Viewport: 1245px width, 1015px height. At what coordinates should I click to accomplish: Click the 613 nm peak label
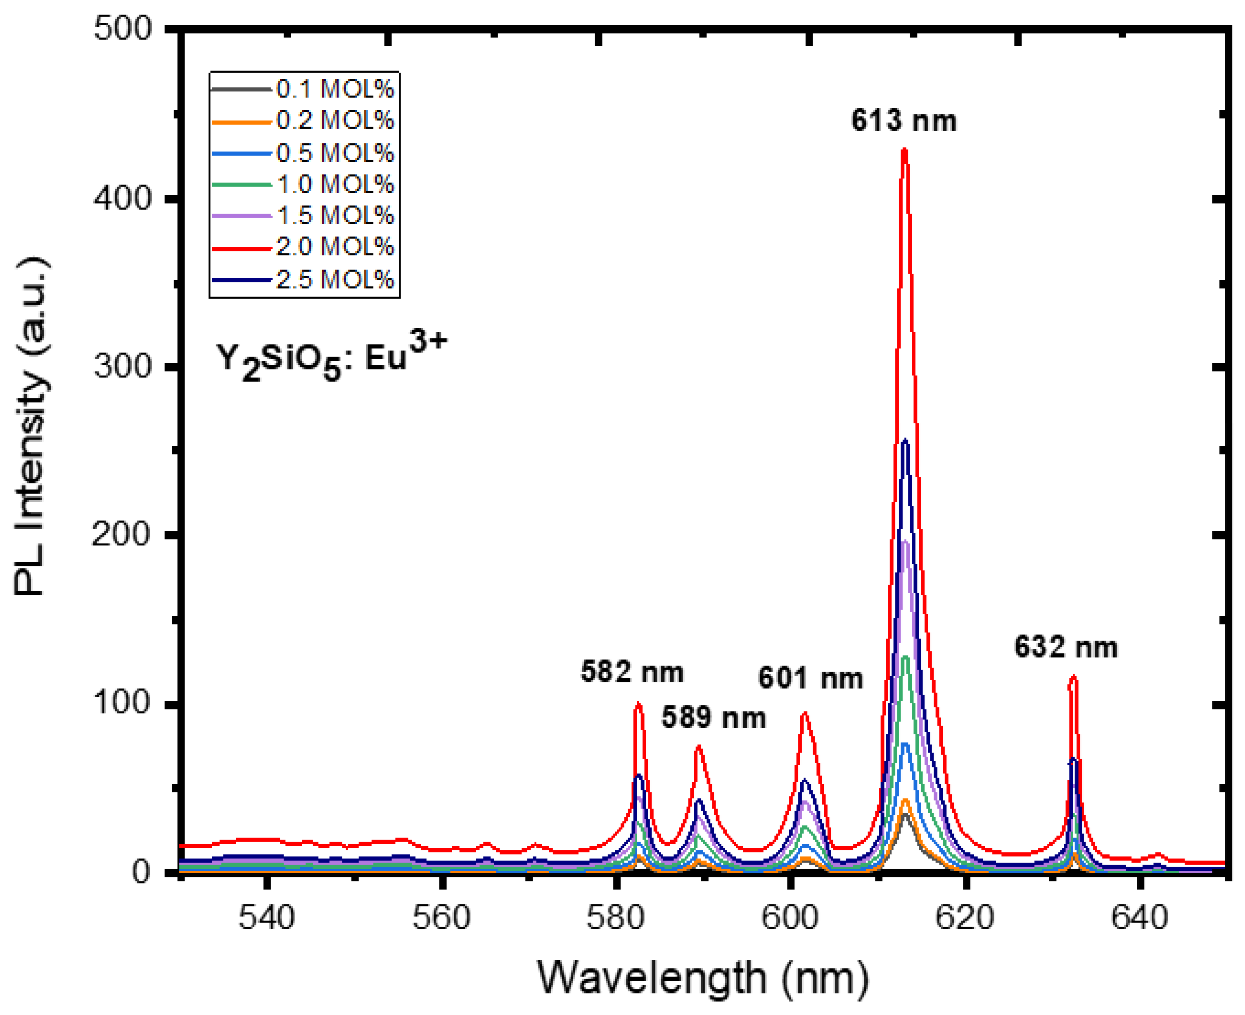coord(903,121)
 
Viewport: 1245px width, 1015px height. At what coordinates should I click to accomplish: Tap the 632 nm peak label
coord(1065,647)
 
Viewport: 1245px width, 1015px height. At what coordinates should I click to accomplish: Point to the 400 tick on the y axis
coord(122,199)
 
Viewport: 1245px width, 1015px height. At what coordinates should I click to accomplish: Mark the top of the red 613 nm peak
coord(904,150)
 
